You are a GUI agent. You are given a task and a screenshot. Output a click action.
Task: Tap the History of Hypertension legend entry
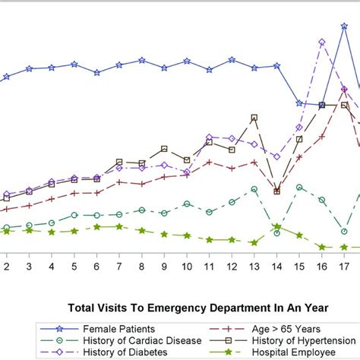(x=295, y=340)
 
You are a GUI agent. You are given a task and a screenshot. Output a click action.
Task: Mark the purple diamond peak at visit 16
(x=322, y=43)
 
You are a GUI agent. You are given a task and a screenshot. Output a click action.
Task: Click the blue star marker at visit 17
(x=345, y=26)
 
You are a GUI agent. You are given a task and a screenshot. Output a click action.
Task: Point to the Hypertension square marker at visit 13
(x=254, y=118)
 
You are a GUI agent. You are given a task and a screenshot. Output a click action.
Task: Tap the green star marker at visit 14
(x=277, y=226)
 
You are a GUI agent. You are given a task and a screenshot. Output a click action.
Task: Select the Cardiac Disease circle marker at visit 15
(x=300, y=188)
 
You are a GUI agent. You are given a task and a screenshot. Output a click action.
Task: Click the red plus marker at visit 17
(x=345, y=90)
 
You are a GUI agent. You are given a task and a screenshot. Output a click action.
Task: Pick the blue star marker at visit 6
(x=96, y=73)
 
